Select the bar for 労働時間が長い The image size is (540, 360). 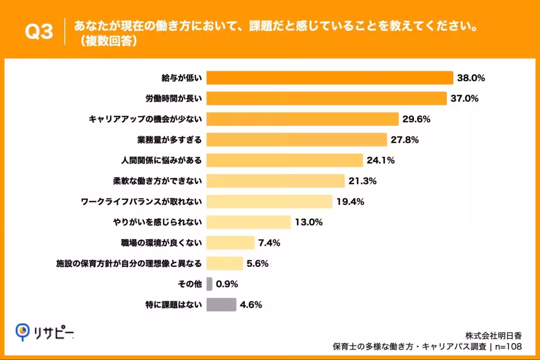click(326, 99)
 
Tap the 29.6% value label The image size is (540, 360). click(417, 119)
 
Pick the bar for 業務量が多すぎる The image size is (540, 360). click(297, 140)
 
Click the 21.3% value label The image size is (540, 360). click(362, 181)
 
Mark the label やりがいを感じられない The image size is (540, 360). click(158, 222)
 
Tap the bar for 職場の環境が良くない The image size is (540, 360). click(230, 243)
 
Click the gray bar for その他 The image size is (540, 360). click(209, 284)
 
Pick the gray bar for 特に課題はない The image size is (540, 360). click(221, 305)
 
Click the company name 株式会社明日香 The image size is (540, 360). click(494, 335)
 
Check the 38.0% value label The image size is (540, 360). click(471, 78)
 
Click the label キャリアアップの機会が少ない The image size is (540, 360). click(145, 119)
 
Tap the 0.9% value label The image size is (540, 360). click(227, 284)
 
